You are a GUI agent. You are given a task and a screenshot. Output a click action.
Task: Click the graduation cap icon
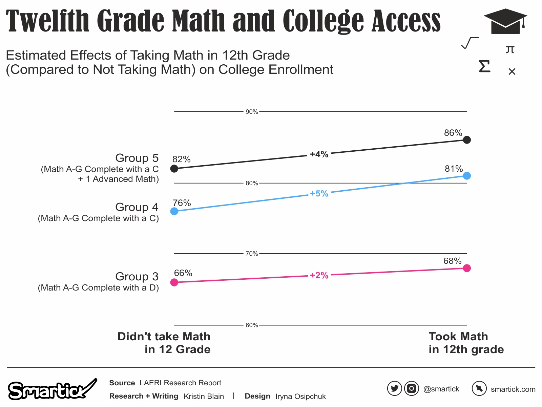[505, 21]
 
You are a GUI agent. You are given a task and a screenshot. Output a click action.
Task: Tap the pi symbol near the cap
[510, 50]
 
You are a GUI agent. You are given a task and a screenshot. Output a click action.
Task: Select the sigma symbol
[484, 66]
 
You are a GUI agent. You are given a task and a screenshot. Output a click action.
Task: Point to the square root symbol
[470, 43]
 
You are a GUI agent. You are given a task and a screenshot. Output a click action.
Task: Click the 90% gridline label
[252, 112]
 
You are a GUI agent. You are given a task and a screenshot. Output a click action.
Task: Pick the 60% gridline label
[252, 325]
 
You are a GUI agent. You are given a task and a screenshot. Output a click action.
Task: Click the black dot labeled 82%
[174, 169]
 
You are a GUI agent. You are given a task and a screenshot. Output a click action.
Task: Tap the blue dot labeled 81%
[466, 176]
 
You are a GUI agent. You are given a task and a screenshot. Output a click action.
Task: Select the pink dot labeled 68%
[466, 268]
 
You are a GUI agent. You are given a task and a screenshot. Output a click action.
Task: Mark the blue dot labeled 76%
[174, 211]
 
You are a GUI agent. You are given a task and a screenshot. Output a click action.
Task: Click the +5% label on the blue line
[319, 194]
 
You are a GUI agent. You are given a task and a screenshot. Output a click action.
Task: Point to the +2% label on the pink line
[319, 276]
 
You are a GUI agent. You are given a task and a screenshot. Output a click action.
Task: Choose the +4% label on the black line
[319, 154]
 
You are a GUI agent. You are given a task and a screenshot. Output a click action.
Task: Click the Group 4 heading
[137, 207]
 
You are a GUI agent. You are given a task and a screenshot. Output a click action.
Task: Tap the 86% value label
[453, 133]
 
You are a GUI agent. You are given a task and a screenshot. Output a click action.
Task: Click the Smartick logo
[51, 390]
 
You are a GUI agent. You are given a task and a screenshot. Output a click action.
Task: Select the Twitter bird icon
[394, 388]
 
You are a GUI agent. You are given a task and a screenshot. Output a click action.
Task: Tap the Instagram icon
[411, 388]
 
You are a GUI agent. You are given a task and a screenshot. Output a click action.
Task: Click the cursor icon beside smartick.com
[479, 388]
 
